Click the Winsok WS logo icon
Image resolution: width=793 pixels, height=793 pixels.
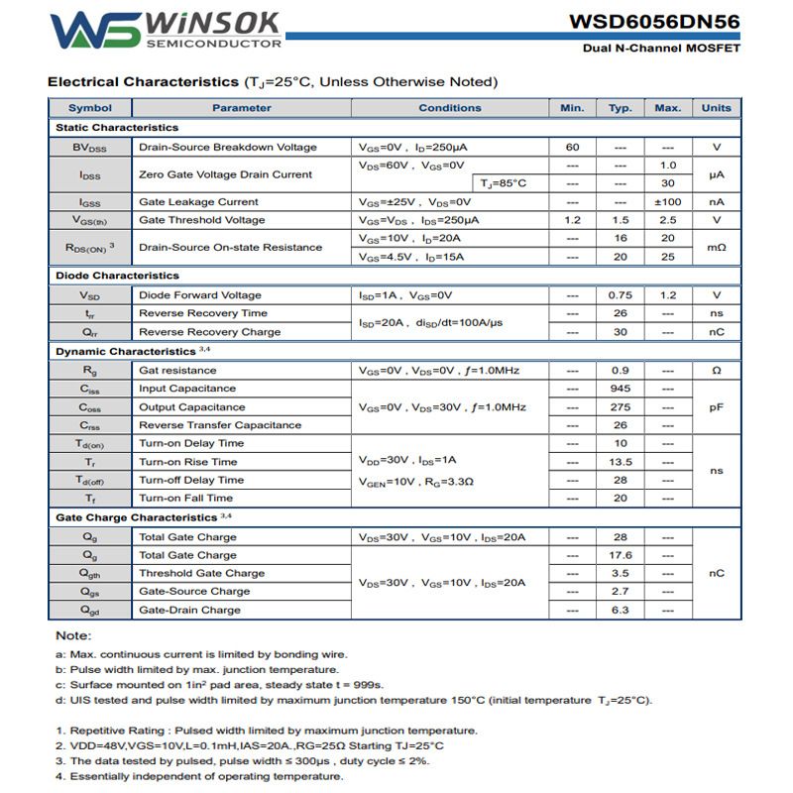[95, 30]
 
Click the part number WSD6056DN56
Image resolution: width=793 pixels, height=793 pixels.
[654, 22]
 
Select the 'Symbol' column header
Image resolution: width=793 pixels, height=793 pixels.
[90, 108]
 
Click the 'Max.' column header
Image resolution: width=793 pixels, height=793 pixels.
[668, 108]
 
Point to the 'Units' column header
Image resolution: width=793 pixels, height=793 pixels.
[716, 108]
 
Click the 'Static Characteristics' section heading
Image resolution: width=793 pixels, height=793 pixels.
[117, 128]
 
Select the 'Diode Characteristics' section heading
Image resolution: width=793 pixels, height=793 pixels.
[117, 276]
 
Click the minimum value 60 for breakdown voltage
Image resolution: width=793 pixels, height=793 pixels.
[573, 148]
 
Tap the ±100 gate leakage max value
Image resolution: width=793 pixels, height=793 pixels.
[668, 202]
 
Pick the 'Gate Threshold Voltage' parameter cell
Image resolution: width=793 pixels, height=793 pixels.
[202, 220]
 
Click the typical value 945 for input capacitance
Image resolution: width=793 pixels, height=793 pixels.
[621, 389]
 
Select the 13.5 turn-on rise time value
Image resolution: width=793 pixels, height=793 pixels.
[621, 462]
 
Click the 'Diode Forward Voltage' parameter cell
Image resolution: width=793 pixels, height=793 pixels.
[200, 295]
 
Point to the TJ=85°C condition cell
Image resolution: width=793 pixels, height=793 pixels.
[505, 183]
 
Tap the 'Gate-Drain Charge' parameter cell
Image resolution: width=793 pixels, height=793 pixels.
[189, 611]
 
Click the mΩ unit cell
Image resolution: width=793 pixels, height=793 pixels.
[716, 248]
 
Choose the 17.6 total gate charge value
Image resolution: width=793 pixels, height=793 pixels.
[621, 555]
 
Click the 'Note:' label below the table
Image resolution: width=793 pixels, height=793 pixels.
[73, 635]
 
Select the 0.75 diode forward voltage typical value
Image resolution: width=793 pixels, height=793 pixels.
[621, 295]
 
